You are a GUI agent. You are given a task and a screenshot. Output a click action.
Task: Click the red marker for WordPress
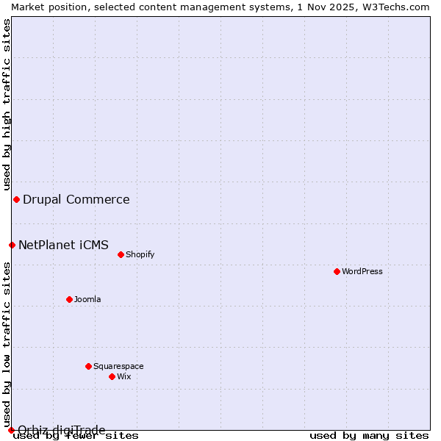[337, 271]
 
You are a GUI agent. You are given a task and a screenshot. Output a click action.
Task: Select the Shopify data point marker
[121, 254]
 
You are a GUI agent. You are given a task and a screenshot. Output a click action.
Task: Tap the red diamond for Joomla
[69, 299]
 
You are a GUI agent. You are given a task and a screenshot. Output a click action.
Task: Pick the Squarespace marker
[88, 366]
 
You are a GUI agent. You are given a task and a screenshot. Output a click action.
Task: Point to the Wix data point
[112, 376]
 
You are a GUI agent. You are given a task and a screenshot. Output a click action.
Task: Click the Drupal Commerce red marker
[16, 199]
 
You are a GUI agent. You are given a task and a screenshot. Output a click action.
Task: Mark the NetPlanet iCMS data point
[12, 245]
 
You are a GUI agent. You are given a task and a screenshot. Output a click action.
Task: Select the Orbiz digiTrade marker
[11, 430]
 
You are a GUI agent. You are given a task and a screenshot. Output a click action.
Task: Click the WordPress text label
[362, 271]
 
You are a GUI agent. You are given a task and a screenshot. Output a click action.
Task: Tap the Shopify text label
[140, 254]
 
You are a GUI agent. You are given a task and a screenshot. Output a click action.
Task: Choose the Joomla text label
[87, 299]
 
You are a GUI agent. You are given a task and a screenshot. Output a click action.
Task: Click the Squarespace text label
[118, 366]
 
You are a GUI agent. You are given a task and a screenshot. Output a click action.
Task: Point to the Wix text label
[124, 376]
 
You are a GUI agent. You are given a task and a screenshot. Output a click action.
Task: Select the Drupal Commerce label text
[76, 199]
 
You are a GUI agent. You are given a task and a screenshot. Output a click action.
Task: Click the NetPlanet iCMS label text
[63, 245]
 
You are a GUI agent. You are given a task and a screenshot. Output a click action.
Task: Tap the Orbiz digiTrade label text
[62, 430]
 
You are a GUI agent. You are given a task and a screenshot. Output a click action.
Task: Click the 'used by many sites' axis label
[369, 436]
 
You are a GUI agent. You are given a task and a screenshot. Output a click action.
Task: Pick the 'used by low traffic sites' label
[7, 345]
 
